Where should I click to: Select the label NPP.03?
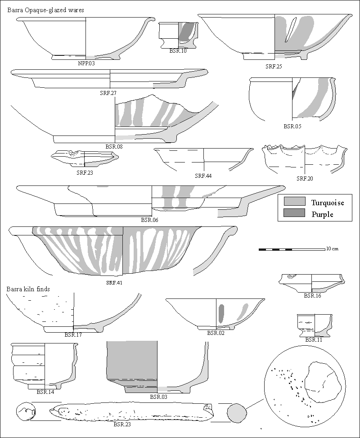point(86,63)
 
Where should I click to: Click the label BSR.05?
point(292,126)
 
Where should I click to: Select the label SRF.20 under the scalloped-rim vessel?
point(305,179)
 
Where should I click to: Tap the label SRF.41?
point(114,283)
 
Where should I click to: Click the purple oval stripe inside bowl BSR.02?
point(221,313)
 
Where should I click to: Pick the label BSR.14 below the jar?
point(45,392)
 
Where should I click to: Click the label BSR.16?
point(312,296)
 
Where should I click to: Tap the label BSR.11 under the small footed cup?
point(314,340)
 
